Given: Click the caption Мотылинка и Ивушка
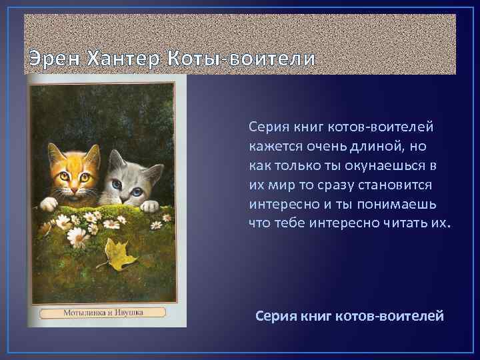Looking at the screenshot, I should (103, 311).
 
